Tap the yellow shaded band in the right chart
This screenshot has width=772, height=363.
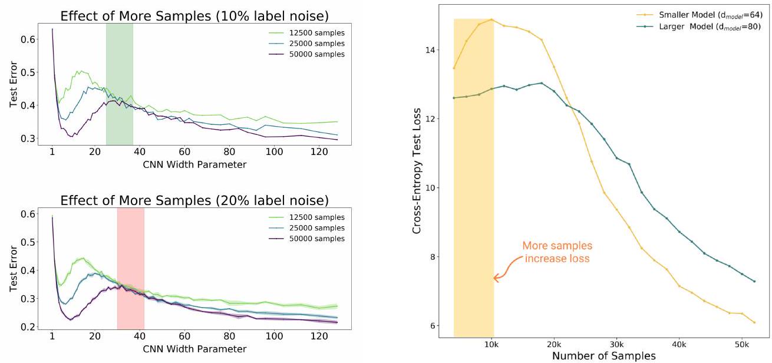[473, 177]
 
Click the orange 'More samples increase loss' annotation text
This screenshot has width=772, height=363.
[557, 252]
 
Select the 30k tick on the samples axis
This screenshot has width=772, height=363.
[616, 344]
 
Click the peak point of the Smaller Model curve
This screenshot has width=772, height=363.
[491, 19]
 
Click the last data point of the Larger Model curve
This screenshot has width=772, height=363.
[754, 281]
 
